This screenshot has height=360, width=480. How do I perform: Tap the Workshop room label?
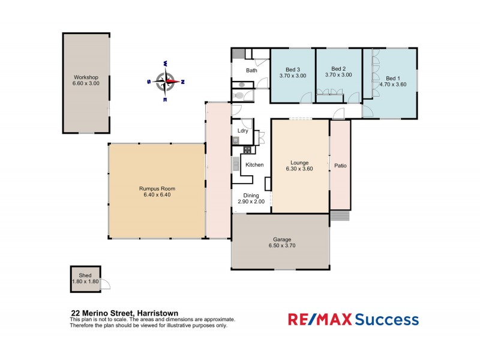point(86,78)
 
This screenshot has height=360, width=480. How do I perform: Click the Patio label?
point(340,166)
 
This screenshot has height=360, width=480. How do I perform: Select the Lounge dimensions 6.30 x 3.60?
point(299,169)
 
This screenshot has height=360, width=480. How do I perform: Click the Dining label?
point(251,195)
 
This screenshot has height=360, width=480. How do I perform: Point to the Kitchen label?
point(254,164)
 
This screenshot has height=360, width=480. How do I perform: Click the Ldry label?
point(243,130)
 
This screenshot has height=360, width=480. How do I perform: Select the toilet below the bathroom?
point(239,95)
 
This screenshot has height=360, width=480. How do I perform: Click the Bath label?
point(251,70)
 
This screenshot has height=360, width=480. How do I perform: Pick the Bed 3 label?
point(293,68)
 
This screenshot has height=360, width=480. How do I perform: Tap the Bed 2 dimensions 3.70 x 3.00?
point(338,75)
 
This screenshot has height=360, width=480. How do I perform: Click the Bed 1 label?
point(392,78)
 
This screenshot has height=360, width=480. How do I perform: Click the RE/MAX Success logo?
point(353,319)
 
